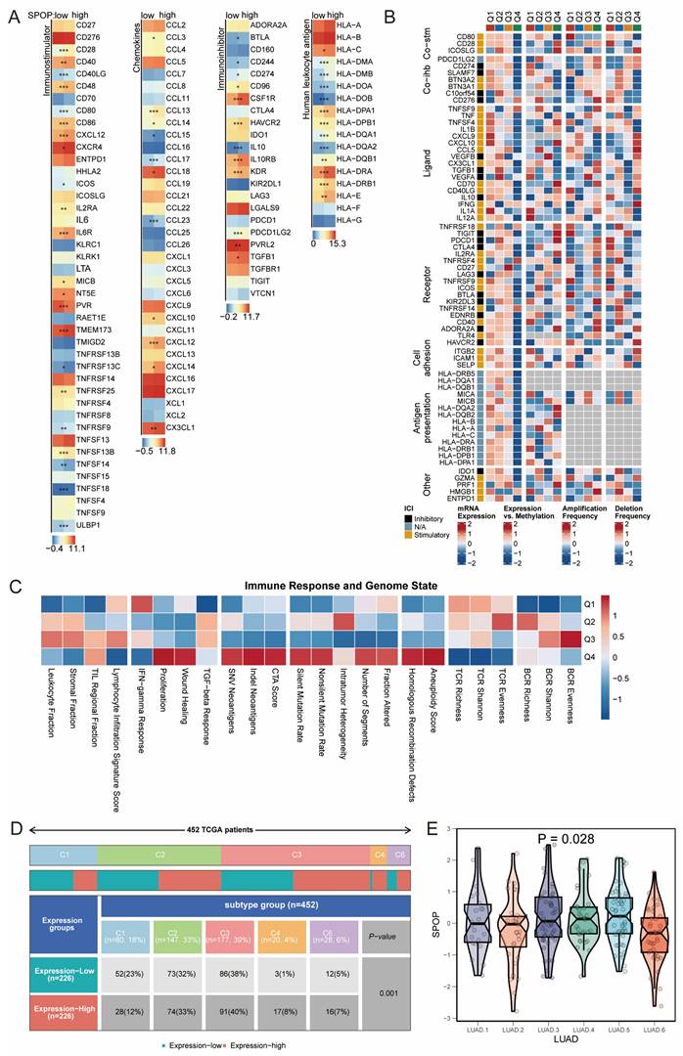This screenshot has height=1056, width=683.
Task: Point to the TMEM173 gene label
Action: [90, 331]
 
